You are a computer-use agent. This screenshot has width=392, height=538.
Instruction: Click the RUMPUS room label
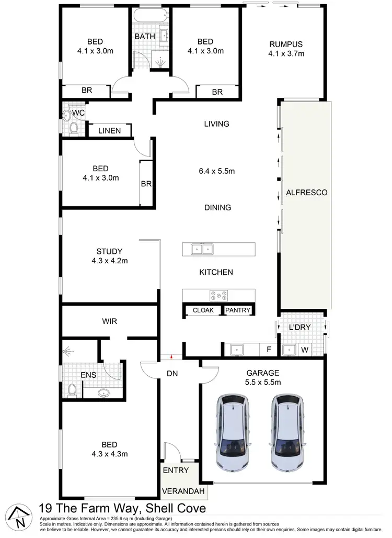pyautogui.click(x=286, y=43)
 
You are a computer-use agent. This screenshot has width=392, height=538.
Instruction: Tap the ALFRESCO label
pyautogui.click(x=306, y=193)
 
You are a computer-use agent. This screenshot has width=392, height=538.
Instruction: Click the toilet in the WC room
pyautogui.click(x=73, y=127)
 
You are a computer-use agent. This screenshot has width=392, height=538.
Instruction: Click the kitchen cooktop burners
pyautogui.click(x=218, y=296)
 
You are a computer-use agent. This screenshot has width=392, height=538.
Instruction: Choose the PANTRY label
pyautogui.click(x=238, y=310)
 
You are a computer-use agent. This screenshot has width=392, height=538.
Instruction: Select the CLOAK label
pyautogui.click(x=203, y=310)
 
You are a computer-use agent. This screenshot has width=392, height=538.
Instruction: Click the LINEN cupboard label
pyautogui.click(x=109, y=131)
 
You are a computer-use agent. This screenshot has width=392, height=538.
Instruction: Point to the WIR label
pyautogui.click(x=109, y=321)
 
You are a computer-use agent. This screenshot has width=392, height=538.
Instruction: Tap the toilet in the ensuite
pyautogui.click(x=73, y=388)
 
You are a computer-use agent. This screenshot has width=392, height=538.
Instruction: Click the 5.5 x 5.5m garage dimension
pyautogui.click(x=263, y=382)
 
